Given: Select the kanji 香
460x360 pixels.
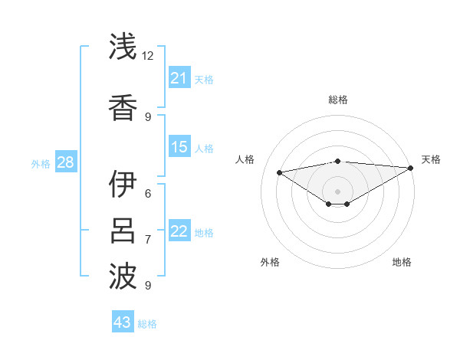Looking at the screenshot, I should click(124, 106).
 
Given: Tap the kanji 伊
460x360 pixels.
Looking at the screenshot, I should click(124, 185).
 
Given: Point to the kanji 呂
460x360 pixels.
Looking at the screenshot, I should click(124, 231).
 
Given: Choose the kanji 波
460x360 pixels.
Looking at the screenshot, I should click(124, 277).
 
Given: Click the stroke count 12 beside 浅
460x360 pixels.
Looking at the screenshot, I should click(148, 56).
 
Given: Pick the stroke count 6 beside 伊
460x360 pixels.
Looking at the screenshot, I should click(148, 193).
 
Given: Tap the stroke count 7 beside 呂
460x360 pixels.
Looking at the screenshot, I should click(148, 239).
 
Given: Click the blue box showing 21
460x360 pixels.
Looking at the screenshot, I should click(179, 78).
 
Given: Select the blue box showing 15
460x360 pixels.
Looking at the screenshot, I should click(179, 147).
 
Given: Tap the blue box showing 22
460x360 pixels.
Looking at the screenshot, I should click(179, 231).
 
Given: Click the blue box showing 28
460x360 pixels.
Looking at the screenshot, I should click(65, 162).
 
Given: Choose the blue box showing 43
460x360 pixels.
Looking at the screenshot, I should click(123, 322).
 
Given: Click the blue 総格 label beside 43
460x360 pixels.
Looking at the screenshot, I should click(147, 324).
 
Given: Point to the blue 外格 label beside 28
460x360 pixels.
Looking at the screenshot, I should click(41, 164).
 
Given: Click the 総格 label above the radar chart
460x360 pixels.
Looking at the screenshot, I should click(337, 100).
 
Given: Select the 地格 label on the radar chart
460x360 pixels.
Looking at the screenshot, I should click(402, 262).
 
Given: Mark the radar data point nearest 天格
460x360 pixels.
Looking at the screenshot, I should click(411, 168).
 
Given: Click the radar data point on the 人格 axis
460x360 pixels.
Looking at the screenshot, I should click(279, 172).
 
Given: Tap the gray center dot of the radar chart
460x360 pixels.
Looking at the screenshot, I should click(337, 191).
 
